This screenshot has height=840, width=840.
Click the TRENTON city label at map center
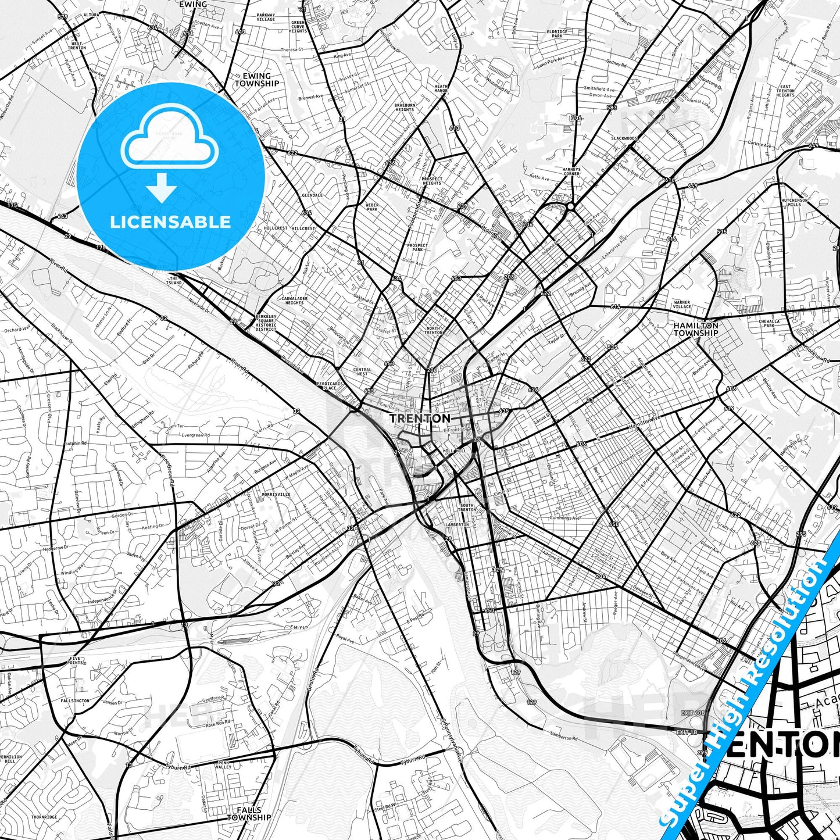420,418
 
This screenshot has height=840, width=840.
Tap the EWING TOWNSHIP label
256,80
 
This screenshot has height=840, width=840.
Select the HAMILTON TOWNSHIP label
696,330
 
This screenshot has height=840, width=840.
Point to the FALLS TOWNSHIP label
249,813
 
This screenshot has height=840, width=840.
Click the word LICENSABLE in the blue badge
170,221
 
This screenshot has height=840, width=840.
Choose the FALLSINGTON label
75,701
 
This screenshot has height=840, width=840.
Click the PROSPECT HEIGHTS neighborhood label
432,181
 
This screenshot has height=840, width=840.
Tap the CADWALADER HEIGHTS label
294,301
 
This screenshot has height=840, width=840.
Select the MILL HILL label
455,451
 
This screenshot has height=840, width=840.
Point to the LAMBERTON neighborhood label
457,524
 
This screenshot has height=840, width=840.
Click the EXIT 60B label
692,713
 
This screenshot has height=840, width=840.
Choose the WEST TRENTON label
77,45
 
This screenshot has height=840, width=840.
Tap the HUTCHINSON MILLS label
794,202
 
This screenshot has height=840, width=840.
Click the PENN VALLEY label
224,764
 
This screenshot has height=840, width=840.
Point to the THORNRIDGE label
45,817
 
